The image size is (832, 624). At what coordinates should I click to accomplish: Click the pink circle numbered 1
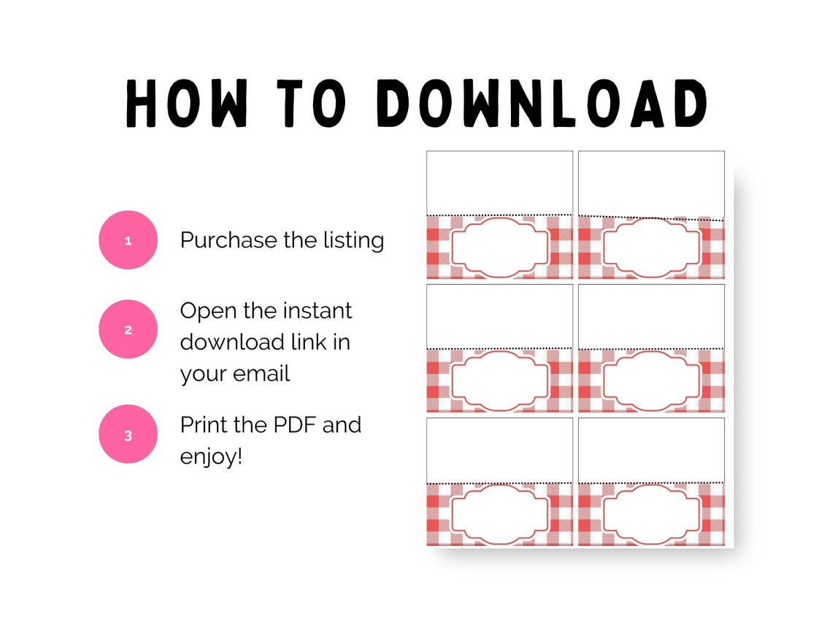(x=128, y=240)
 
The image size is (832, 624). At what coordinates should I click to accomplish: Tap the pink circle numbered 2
(x=128, y=329)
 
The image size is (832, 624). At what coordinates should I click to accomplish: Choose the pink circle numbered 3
(x=128, y=434)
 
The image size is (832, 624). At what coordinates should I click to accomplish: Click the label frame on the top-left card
(x=500, y=247)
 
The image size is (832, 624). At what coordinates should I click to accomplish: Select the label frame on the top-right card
(x=652, y=247)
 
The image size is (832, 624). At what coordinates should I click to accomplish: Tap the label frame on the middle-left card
(x=500, y=381)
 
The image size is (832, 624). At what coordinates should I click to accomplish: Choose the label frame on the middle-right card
(x=652, y=381)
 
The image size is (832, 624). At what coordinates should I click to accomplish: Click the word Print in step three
(x=204, y=424)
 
